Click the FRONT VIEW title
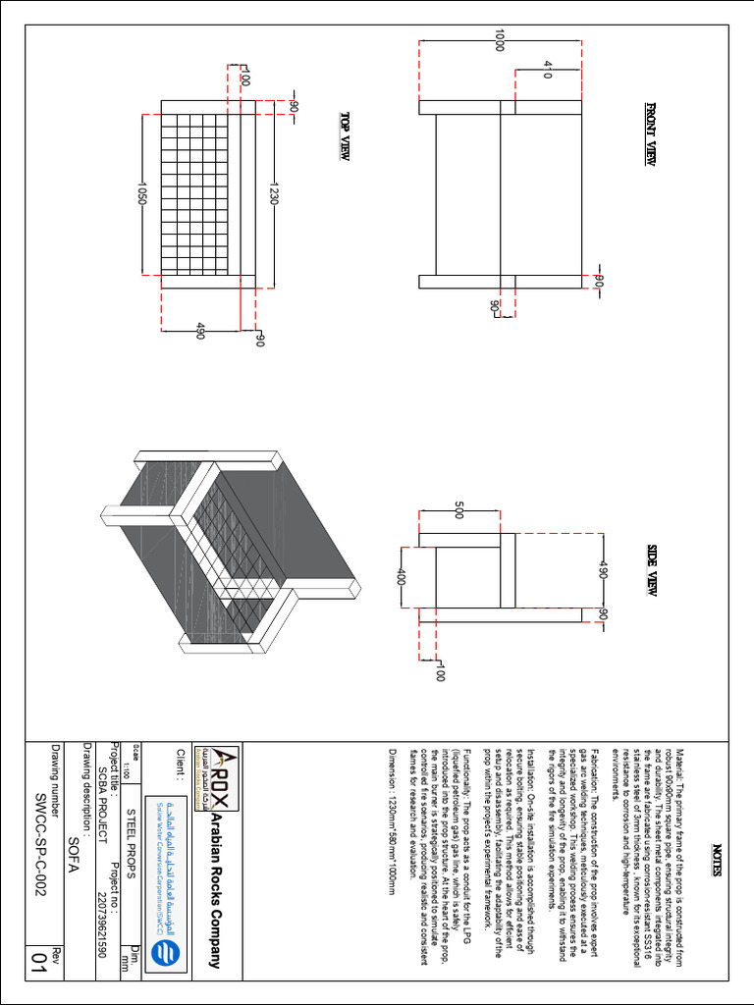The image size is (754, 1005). coord(650,134)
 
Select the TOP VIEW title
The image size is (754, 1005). coord(345,135)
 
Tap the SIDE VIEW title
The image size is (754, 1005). coord(653,572)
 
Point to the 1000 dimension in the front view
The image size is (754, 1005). coord(500,40)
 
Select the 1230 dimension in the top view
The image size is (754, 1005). coord(274,192)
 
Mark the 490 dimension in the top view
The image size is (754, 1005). coord(199,331)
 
